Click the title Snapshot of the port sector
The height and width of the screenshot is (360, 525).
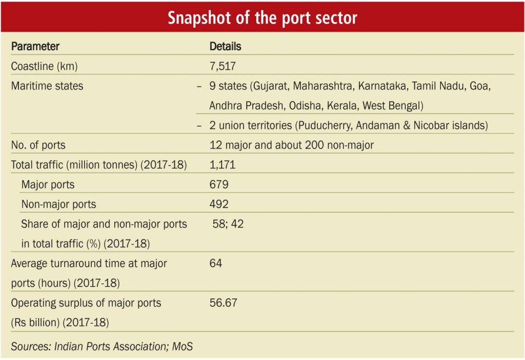pyautogui.click(x=262, y=18)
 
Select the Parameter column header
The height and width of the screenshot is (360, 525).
pyautogui.click(x=35, y=46)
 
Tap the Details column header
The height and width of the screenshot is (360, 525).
pyautogui.click(x=226, y=46)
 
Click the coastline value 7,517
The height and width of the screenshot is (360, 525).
pyautogui.click(x=223, y=66)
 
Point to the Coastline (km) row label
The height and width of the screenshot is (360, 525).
pyautogui.click(x=44, y=66)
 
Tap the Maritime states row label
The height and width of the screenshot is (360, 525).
pyautogui.click(x=47, y=86)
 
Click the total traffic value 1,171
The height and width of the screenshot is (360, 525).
pyautogui.click(x=223, y=165)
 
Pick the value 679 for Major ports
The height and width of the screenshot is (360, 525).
pyautogui.click(x=219, y=185)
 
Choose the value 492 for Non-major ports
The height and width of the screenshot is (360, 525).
pyautogui.click(x=219, y=204)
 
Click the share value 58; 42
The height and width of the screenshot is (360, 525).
pyautogui.click(x=228, y=224)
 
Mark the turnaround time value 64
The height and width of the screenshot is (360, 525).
pyautogui.click(x=216, y=263)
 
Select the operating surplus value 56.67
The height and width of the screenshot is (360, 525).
pyautogui.click(x=224, y=303)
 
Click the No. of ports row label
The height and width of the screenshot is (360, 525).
pyautogui.click(x=38, y=145)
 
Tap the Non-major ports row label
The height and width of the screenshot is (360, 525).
pyautogui.click(x=58, y=204)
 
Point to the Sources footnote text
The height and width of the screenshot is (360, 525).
pyautogui.click(x=102, y=346)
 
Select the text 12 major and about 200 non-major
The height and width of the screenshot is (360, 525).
pyautogui.click(x=292, y=145)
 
